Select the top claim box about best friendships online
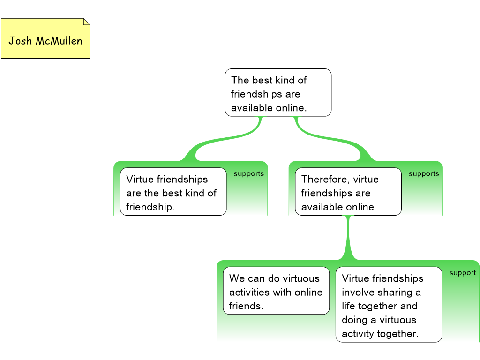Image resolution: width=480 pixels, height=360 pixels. pyautogui.click(x=278, y=92)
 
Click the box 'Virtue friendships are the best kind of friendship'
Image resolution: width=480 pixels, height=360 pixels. pyautogui.click(x=173, y=192)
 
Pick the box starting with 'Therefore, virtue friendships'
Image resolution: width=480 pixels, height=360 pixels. pyautogui.click(x=348, y=192)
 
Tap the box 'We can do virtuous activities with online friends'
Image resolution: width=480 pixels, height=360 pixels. pyautogui.click(x=276, y=291)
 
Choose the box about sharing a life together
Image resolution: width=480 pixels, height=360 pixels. pyautogui.click(x=389, y=305)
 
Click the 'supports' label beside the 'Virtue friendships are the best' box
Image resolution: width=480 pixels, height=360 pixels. pyautogui.click(x=248, y=174)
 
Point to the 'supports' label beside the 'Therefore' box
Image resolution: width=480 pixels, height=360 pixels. pyautogui.click(x=424, y=174)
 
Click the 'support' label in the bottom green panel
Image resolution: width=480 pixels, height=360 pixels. pyautogui.click(x=462, y=273)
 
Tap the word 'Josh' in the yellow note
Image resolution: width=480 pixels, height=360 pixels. pyautogui.click(x=20, y=41)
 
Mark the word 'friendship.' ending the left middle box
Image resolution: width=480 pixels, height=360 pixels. pyautogui.click(x=150, y=207)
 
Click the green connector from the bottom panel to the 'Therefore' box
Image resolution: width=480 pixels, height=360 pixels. pyautogui.click(x=348, y=239)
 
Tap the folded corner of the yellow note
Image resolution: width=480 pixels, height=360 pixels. pyautogui.click(x=86, y=22)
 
